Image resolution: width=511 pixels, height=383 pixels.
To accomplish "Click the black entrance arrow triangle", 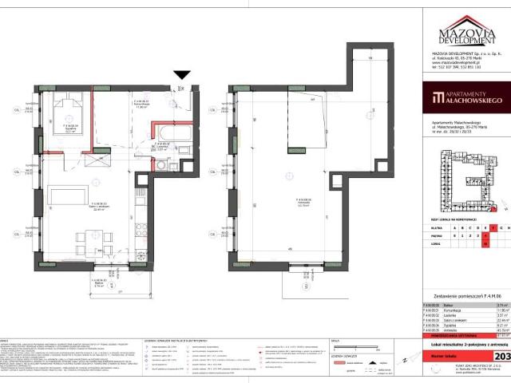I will point(181,75).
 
